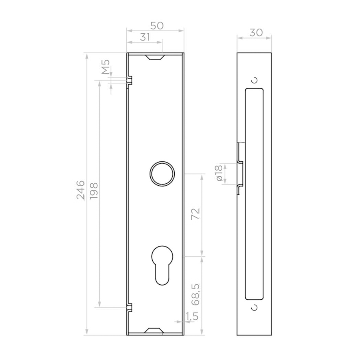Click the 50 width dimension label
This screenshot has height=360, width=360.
157,26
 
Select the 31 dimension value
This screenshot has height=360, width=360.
145,37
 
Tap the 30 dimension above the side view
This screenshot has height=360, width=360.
256,32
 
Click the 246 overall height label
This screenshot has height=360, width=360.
80,190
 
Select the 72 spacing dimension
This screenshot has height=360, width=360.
195,213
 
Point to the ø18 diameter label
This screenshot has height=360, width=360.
219,173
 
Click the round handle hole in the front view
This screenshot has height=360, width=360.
162,173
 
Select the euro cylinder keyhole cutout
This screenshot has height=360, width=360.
162,264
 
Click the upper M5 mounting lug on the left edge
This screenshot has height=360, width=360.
130,80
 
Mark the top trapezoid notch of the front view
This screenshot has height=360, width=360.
155,57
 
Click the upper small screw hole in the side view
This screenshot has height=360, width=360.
255,80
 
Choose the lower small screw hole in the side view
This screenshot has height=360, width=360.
255,308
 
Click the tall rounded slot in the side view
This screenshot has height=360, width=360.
254,193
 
